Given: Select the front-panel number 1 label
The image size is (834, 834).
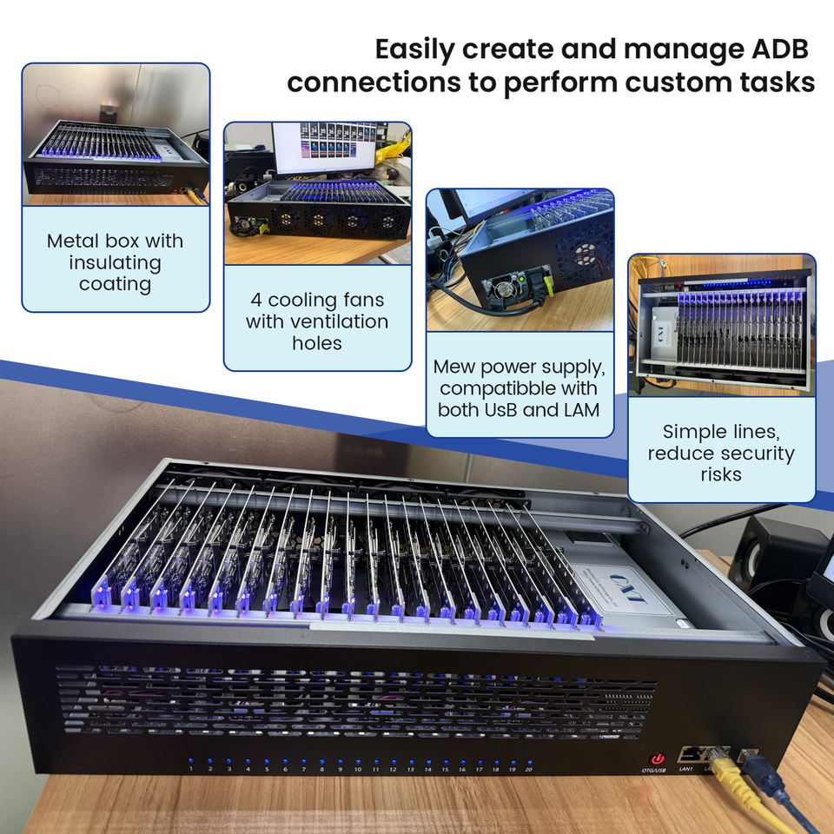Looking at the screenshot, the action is point(190,769).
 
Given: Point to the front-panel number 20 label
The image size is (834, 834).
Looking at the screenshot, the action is point(528,770).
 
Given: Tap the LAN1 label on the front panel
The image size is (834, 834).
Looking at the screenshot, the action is point(686,768).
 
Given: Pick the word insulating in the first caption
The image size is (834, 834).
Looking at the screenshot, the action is point(115,262).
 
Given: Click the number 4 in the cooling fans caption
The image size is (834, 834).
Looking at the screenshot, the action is point(256,300).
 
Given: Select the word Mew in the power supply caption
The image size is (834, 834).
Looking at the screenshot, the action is point(453,365).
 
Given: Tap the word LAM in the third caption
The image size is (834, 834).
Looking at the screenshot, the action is point(580,408).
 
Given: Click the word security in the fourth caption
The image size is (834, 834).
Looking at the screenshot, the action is point(754,453).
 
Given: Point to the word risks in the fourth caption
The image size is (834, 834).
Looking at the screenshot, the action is point(721,474).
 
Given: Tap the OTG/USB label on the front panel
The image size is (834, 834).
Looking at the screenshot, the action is point(654,770).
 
